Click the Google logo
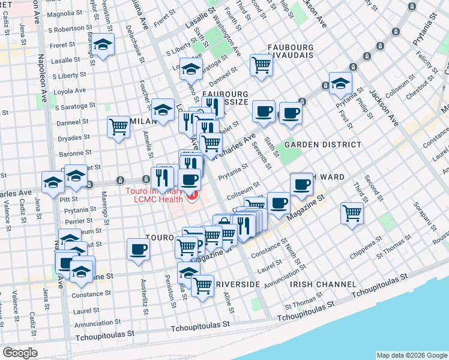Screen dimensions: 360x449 point(20,353)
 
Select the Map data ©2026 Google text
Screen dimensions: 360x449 point(412,355)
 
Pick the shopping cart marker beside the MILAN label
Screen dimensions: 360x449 point(119,127)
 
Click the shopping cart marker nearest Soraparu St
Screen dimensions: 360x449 point(351,213)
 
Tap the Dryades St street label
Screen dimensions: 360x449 point(74,137)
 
